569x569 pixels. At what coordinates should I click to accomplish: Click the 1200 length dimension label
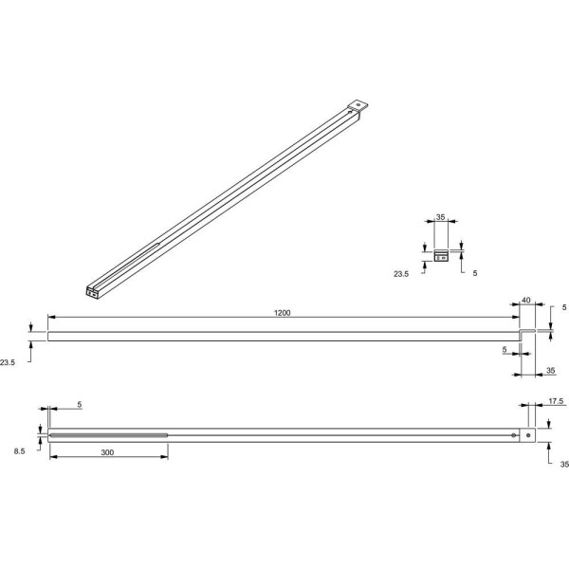coord(282,313)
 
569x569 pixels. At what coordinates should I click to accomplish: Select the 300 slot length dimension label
coord(107,452)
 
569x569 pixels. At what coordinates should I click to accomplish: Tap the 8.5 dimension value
coord(20,451)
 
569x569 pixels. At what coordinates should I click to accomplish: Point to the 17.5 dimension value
coord(556,401)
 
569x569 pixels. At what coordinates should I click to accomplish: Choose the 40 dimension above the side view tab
coord(525,300)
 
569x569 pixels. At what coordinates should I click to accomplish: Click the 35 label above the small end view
coord(440,217)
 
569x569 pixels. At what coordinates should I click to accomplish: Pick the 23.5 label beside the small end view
coord(401,274)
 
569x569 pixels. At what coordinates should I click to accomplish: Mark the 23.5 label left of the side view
coord(8,362)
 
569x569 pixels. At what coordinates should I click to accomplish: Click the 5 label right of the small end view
coord(475,273)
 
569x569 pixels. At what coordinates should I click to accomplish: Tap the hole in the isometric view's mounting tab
coord(358,105)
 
